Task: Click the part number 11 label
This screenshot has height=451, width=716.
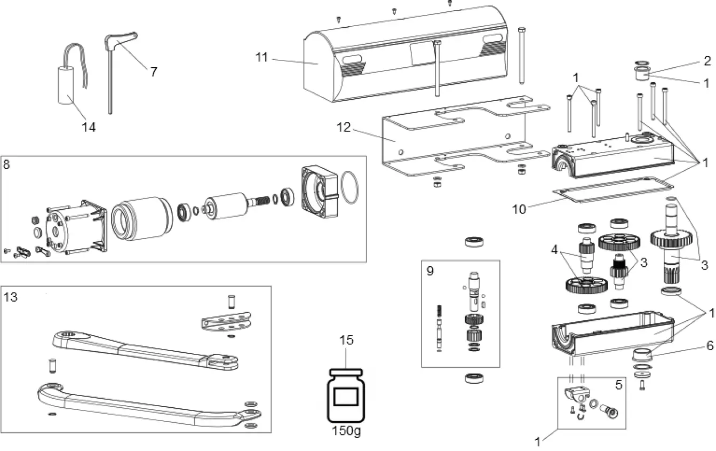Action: coord(261,57)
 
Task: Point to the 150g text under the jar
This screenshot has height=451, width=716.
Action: coord(346,431)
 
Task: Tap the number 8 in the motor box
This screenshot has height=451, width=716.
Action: coord(6,164)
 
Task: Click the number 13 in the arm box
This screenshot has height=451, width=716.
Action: coord(10,297)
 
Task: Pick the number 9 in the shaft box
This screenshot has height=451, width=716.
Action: coord(430,270)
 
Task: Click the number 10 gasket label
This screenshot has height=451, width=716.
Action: coord(519,209)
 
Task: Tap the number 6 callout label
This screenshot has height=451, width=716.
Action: coord(709,345)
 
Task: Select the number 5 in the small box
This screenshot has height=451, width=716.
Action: coord(618,384)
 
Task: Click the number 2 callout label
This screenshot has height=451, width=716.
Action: coord(707,60)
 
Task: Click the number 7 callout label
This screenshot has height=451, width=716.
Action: coord(154,72)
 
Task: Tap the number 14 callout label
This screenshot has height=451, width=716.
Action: coord(89,127)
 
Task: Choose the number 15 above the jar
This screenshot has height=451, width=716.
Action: coord(346,340)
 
